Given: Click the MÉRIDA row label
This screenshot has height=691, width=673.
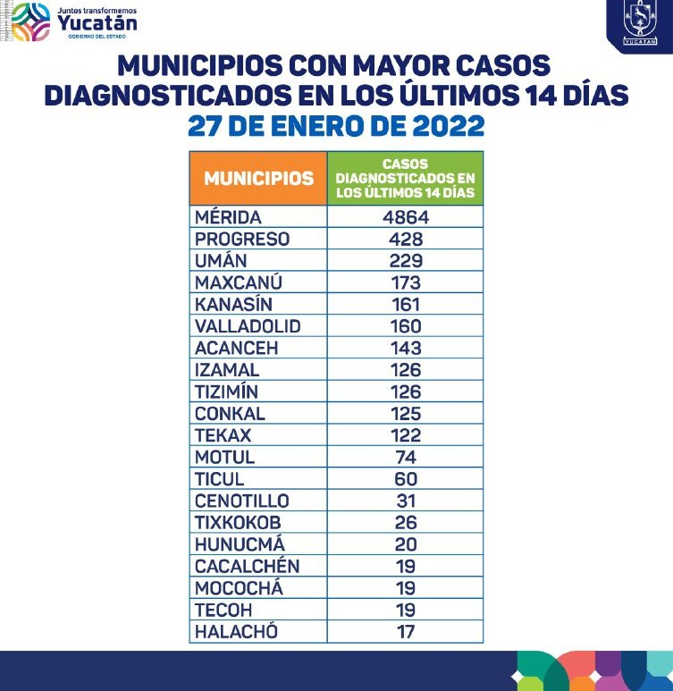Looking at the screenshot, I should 228,217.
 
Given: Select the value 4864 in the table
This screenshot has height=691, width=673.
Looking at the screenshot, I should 405,217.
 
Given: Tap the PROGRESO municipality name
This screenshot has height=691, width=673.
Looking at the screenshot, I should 241,239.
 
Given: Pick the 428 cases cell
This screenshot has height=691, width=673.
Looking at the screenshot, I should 405,239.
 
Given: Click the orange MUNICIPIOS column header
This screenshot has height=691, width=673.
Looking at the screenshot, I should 258,178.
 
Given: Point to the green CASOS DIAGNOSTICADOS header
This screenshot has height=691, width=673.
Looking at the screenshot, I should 405,178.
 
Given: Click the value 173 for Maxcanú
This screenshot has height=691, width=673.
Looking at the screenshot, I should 405,282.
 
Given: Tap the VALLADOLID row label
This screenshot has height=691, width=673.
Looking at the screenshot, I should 248,326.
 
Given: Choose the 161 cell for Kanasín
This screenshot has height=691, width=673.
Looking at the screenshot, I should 405,305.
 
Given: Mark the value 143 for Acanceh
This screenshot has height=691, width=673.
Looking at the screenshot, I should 405,348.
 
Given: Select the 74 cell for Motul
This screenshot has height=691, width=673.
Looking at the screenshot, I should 405,457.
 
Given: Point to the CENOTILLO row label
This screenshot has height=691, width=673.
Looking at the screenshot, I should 241,501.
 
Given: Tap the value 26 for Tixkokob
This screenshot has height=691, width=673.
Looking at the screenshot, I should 405,522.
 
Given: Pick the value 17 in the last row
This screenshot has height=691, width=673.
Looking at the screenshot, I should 405,632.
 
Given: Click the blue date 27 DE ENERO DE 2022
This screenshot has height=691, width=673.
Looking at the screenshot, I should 336,125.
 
